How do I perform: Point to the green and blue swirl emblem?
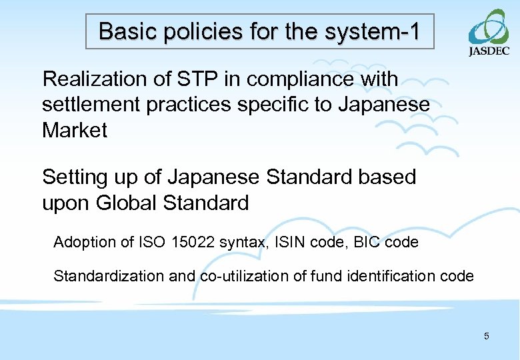click(489, 27)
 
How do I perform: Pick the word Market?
click(75, 130)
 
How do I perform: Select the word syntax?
click(243, 243)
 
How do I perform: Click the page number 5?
click(486, 336)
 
